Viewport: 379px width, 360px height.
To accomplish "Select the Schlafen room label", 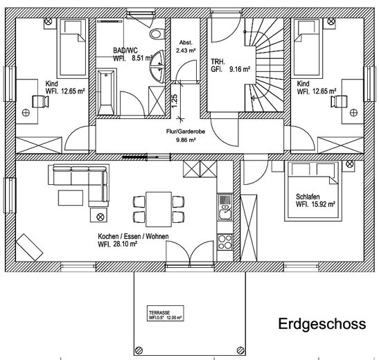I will coord(315,200).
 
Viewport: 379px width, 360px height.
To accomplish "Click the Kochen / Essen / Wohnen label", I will coord(133,240).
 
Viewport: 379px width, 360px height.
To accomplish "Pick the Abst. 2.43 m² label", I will coord(186,46).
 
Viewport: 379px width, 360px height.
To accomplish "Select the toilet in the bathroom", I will coord(155,31).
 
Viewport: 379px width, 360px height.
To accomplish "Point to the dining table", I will coord(159,208).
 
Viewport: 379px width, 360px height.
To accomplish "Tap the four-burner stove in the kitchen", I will coord(225,242).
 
